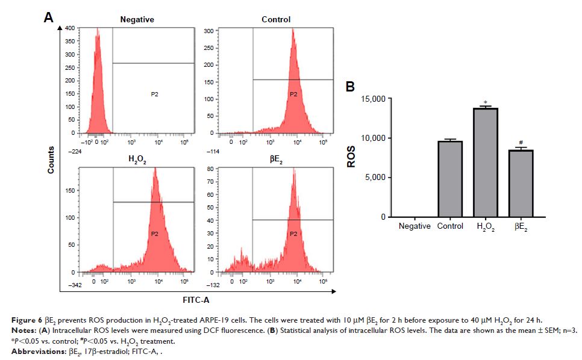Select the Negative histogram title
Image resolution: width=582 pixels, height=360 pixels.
pos(137,19)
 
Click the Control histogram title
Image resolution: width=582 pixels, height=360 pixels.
pos(275,19)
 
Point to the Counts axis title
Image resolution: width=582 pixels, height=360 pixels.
pos(51,160)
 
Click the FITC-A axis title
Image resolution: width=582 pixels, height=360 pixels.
pos(196,299)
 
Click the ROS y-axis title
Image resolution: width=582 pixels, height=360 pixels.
pos(356,158)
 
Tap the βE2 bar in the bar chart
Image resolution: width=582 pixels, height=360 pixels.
pos(521,183)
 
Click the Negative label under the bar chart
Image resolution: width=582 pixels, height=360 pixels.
pos(415,226)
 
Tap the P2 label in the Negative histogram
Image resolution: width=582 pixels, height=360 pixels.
pos(154,94)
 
